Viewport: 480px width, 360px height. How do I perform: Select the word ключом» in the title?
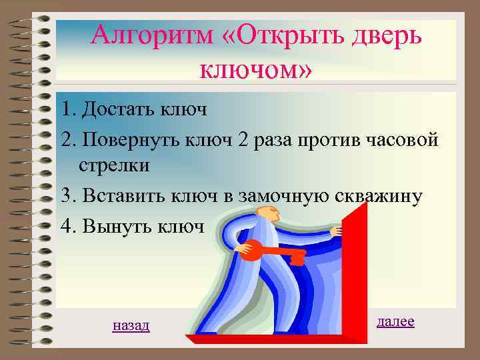point(255,67)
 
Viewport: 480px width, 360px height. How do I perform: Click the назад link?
point(131,325)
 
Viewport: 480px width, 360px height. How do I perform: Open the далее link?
point(395,321)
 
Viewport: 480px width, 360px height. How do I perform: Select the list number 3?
point(65,196)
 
